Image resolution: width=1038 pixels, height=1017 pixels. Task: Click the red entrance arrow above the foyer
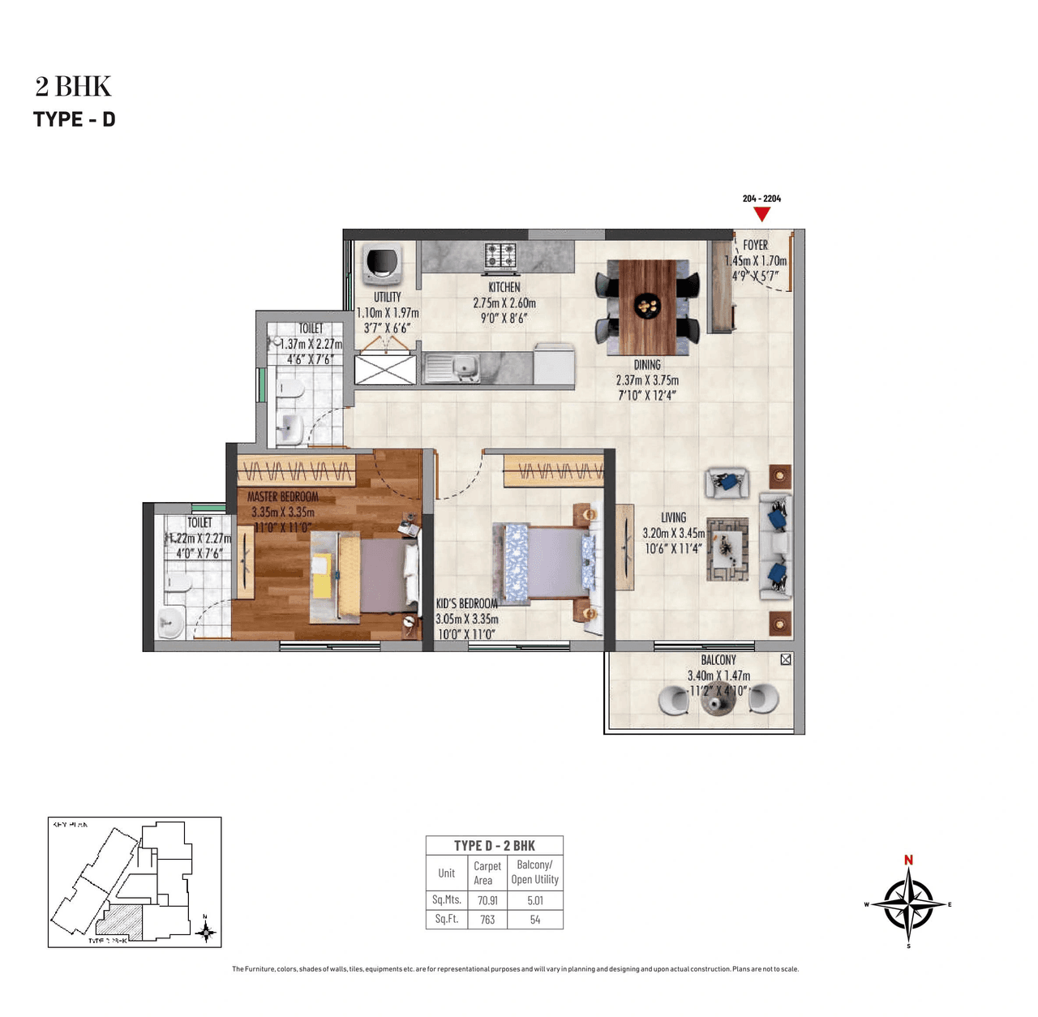(761, 214)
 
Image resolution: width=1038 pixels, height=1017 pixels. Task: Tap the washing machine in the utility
(383, 264)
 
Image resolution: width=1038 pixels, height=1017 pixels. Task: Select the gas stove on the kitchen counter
(500, 255)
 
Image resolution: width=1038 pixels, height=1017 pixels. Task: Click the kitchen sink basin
(464, 366)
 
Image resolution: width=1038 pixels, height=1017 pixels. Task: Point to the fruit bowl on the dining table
(647, 307)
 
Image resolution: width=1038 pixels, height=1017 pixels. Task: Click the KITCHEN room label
(504, 288)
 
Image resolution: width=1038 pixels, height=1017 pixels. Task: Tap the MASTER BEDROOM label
(282, 496)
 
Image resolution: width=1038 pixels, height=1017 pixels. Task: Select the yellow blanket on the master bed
(350, 574)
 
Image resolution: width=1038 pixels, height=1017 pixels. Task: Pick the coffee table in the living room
(727, 549)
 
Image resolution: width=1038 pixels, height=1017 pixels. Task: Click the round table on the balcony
(718, 702)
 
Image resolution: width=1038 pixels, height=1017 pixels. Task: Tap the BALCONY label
(718, 660)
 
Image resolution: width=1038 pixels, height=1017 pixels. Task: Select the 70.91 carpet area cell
(487, 900)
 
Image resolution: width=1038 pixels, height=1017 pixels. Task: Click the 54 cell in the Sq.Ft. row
(535, 920)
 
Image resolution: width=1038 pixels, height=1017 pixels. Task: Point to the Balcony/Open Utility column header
(534, 872)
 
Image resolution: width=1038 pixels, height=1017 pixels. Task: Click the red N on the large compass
(908, 860)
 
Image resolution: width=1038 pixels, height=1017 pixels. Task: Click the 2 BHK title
(73, 86)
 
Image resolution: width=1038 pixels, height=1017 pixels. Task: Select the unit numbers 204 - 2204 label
(761, 199)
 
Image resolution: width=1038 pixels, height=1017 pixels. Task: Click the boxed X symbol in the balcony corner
(785, 659)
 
